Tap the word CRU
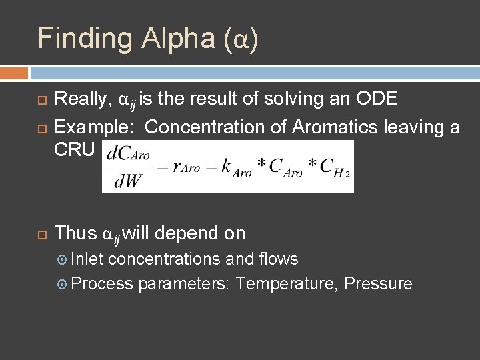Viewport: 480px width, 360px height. (75, 149)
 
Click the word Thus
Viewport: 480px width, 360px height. (75, 233)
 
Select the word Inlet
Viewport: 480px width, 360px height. (88, 259)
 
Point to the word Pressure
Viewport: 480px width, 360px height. (379, 284)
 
